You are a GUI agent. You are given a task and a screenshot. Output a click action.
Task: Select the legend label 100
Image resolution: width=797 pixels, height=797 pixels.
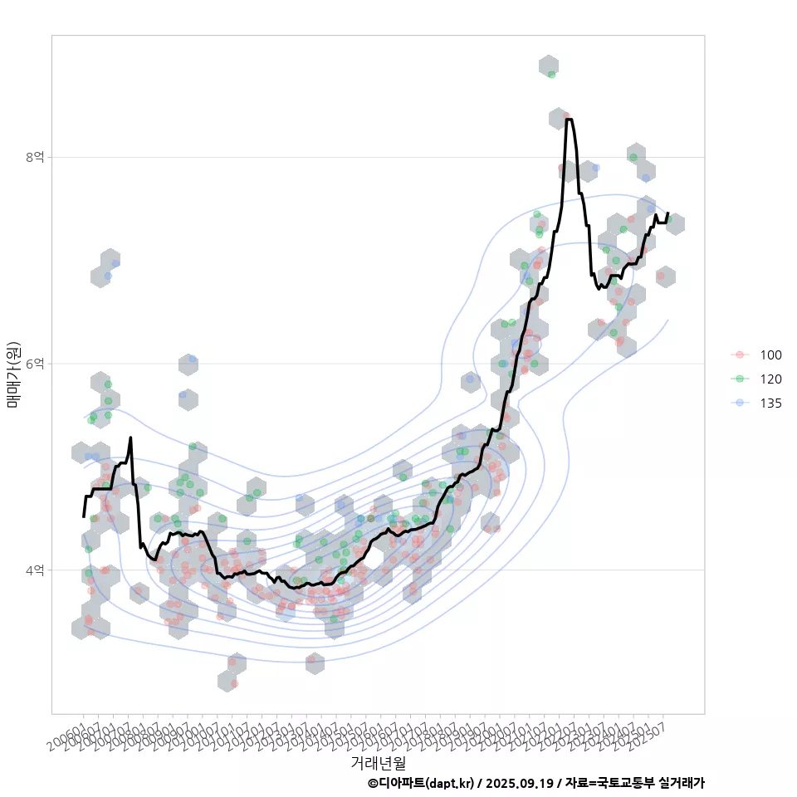click(x=770, y=355)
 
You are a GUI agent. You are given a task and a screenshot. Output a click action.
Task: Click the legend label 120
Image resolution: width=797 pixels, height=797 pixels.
click(x=770, y=379)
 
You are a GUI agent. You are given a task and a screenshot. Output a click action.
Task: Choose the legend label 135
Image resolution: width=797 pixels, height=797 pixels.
click(x=770, y=403)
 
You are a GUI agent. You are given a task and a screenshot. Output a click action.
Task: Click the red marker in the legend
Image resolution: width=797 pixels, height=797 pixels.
click(x=740, y=355)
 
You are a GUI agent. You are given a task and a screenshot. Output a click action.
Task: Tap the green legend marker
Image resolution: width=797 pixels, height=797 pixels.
click(x=740, y=379)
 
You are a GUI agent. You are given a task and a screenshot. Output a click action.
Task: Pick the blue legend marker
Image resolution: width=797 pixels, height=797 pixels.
click(x=740, y=403)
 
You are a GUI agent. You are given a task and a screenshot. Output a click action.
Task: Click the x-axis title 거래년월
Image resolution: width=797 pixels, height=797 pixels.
click(x=378, y=761)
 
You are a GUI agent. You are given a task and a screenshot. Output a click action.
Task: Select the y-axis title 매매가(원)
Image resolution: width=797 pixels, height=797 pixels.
click(x=14, y=374)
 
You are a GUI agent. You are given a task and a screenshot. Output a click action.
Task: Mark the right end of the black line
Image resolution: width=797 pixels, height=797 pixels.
click(x=667, y=213)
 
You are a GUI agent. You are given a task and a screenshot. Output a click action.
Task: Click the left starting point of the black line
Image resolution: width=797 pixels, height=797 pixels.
click(x=84, y=516)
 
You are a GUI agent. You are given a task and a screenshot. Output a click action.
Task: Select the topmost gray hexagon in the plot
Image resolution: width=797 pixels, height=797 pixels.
click(x=548, y=66)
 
